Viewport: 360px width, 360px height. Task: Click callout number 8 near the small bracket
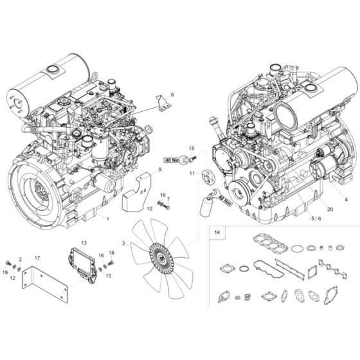(x=172, y=95)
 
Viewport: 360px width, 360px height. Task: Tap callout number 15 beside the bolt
(x=190, y=148)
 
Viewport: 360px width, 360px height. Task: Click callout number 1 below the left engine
(x=107, y=219)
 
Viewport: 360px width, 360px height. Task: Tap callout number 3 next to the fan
(x=124, y=244)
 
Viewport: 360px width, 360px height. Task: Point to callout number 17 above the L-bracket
(x=37, y=258)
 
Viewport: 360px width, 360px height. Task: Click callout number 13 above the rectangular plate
(x=83, y=242)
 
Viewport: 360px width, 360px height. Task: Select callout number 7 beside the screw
(x=168, y=199)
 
